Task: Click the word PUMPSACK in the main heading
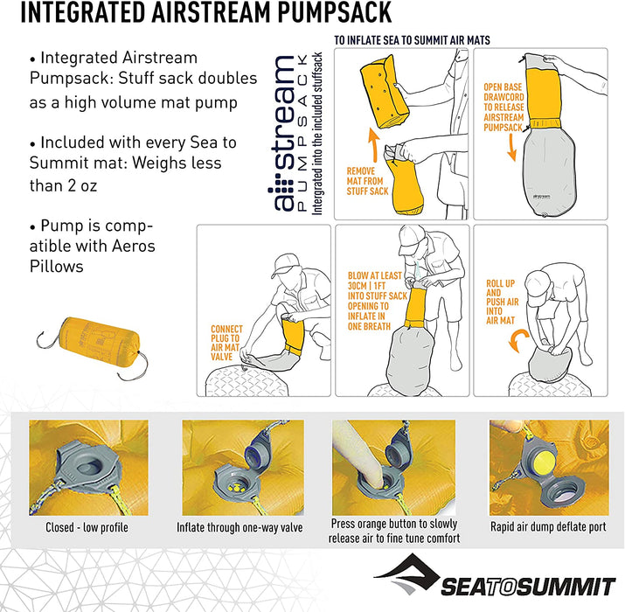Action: [x=335, y=12]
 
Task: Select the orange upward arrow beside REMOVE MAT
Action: [x=373, y=145]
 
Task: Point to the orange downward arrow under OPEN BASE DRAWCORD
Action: [x=511, y=148]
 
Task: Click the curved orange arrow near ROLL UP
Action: [x=518, y=340]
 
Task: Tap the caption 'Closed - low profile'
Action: [x=87, y=527]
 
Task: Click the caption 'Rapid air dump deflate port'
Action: [x=548, y=526]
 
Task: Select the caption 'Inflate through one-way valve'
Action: [x=240, y=527]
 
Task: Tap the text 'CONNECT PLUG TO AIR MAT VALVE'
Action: [x=226, y=343]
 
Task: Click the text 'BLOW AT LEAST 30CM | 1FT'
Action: [x=374, y=281]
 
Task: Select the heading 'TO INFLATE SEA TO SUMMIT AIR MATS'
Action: [x=412, y=40]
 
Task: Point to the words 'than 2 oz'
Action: [x=64, y=186]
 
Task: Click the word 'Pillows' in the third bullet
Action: [x=56, y=267]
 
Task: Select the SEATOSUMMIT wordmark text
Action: [x=528, y=587]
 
